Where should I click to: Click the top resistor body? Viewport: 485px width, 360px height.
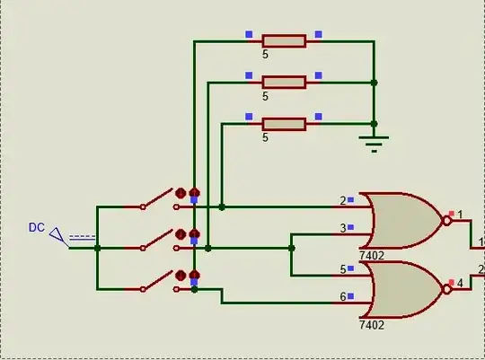(x=284, y=40)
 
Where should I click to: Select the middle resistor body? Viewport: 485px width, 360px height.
(x=284, y=82)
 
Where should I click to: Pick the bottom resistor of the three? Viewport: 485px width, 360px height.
(x=284, y=123)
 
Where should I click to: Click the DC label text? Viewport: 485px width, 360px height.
(x=36, y=228)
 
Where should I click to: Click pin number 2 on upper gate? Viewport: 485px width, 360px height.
(x=342, y=201)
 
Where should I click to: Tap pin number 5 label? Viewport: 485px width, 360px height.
(x=342, y=268)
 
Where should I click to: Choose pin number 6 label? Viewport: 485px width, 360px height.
(x=342, y=296)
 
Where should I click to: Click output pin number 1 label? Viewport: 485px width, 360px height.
(x=460, y=215)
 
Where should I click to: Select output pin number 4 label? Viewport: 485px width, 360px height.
(x=460, y=284)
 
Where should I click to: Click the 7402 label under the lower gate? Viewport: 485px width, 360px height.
(x=372, y=324)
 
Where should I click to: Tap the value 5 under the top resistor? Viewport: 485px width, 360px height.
(x=265, y=55)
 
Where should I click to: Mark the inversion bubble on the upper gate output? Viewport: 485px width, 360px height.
(x=445, y=221)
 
